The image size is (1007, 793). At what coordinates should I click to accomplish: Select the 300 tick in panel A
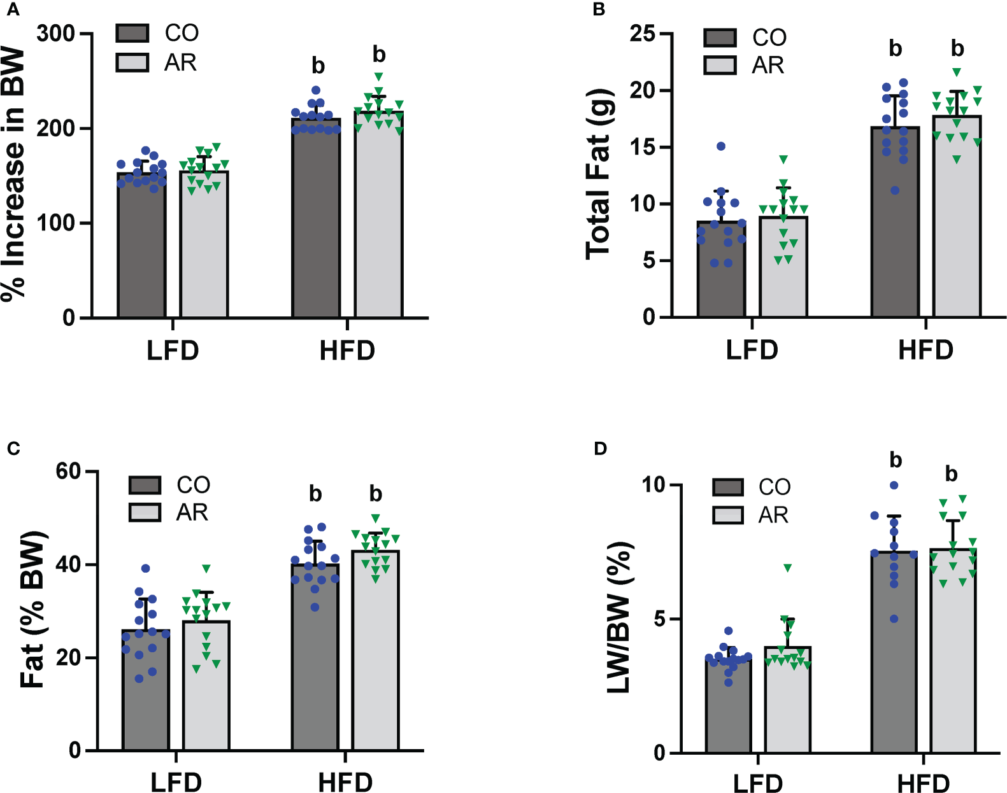point(55,33)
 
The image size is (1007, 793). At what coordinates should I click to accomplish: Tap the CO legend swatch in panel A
point(132,33)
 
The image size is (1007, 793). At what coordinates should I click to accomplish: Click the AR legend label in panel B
point(768,66)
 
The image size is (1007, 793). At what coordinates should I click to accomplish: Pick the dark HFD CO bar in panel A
point(316,223)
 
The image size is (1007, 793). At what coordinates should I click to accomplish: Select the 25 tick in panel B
point(642,34)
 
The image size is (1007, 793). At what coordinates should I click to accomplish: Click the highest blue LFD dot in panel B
point(721,146)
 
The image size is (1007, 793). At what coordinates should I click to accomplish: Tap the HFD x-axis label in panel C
point(345,782)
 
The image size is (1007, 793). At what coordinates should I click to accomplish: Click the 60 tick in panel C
point(68,472)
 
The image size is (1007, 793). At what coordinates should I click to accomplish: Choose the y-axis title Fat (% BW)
point(33,610)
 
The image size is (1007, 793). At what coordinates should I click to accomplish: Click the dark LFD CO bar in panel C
point(146,694)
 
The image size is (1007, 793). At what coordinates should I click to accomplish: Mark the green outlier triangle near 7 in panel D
point(788,568)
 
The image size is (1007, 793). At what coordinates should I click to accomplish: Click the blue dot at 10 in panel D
point(894,486)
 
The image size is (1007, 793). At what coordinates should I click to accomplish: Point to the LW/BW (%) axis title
point(618,617)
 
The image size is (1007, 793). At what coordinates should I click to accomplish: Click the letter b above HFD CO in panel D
point(896,460)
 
